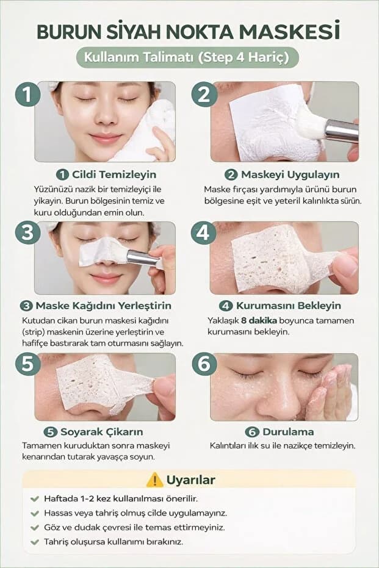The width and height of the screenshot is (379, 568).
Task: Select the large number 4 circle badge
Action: (203, 232)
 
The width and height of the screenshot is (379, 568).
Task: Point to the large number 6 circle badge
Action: (204, 364)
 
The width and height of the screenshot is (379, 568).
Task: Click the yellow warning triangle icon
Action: (155, 480)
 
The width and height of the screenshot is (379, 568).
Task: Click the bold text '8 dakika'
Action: (259, 320)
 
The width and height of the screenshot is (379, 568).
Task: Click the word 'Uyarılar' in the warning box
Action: (190, 480)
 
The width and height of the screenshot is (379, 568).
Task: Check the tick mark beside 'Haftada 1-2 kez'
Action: (35, 499)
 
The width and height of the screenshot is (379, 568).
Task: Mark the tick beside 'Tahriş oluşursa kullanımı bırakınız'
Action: (35, 542)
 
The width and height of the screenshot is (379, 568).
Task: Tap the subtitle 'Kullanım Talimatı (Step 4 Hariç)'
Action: (187, 57)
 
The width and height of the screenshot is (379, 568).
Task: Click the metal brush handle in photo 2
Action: (341, 131)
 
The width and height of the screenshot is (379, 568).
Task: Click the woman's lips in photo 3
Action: (106, 278)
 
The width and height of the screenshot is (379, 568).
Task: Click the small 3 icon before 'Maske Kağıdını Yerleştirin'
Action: (26, 306)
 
